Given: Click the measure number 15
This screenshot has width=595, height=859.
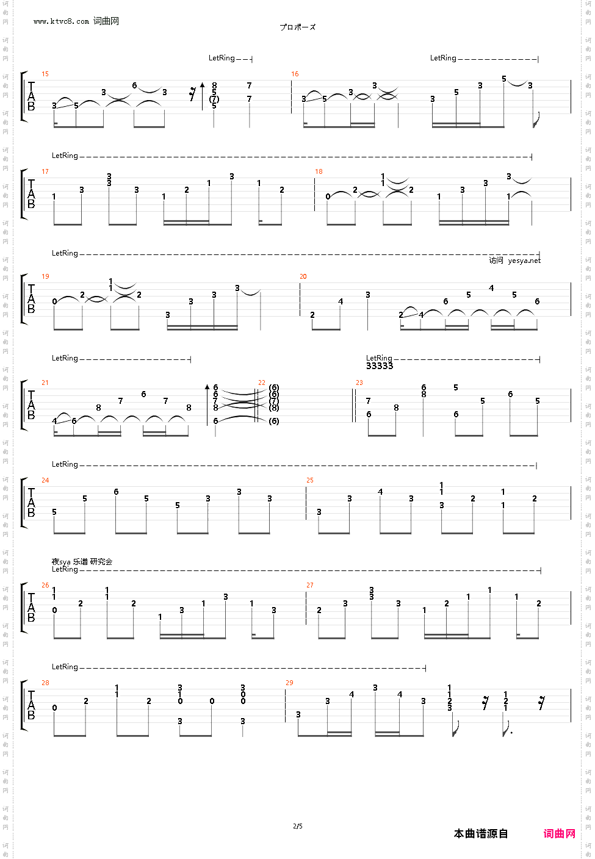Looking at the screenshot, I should point(45,74).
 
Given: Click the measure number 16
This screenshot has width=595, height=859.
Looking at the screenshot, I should point(295,74).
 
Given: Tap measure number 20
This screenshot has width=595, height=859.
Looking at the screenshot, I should point(303,276).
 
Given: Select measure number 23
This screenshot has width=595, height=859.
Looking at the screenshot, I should point(359,383).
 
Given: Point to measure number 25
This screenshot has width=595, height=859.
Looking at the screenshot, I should point(310,480).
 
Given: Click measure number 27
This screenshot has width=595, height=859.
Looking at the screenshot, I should point(310,585).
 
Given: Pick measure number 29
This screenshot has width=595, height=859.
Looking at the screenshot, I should point(289,683).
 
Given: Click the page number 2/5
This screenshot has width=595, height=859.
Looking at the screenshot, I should point(298,826).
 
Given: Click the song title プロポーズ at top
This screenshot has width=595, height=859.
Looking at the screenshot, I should point(298,27).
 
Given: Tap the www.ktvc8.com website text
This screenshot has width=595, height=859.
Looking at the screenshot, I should point(62,21).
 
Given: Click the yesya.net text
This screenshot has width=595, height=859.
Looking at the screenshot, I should point(524,261).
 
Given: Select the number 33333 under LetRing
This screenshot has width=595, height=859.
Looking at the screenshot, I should point(380,366).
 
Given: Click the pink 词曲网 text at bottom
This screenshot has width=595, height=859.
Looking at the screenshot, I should point(559,833).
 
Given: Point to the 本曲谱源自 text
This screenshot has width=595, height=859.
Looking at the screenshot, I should point(481,833).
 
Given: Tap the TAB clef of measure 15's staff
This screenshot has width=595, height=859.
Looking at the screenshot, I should point(31,96).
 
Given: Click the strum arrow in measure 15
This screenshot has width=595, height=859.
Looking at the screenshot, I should point(203,96).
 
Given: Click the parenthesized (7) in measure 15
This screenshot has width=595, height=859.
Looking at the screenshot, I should point(214,99).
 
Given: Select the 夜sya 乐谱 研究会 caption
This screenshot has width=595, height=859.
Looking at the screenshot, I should point(82,561).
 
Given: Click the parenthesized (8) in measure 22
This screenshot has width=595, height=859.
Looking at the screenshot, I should point(274,408).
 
